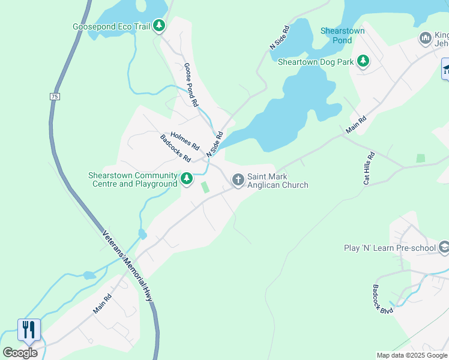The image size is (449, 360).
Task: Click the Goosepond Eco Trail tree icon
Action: tap(159, 26)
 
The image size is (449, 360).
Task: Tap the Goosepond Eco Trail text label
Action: tap(111, 27)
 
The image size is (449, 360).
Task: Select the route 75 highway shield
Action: tap(55, 96)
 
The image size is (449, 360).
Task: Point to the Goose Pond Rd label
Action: tap(191, 85)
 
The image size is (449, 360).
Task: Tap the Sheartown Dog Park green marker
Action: tap(363, 61)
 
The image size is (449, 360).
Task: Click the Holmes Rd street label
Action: tap(185, 141)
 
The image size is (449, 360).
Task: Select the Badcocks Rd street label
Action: tap(175, 149)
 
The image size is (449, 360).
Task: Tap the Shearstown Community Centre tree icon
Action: tap(187, 178)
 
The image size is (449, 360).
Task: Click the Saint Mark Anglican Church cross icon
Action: tap(238, 179)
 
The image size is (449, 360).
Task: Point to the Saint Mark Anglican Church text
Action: tap(277, 181)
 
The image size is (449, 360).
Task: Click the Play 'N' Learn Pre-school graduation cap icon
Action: tap(444, 247)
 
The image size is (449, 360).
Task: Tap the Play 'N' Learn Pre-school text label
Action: tap(390, 248)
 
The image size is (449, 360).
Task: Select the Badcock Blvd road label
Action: tap(382, 299)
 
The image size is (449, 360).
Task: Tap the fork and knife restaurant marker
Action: tap(29, 329)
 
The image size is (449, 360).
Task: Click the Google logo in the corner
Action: tap(20, 353)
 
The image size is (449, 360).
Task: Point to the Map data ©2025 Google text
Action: tap(412, 355)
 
